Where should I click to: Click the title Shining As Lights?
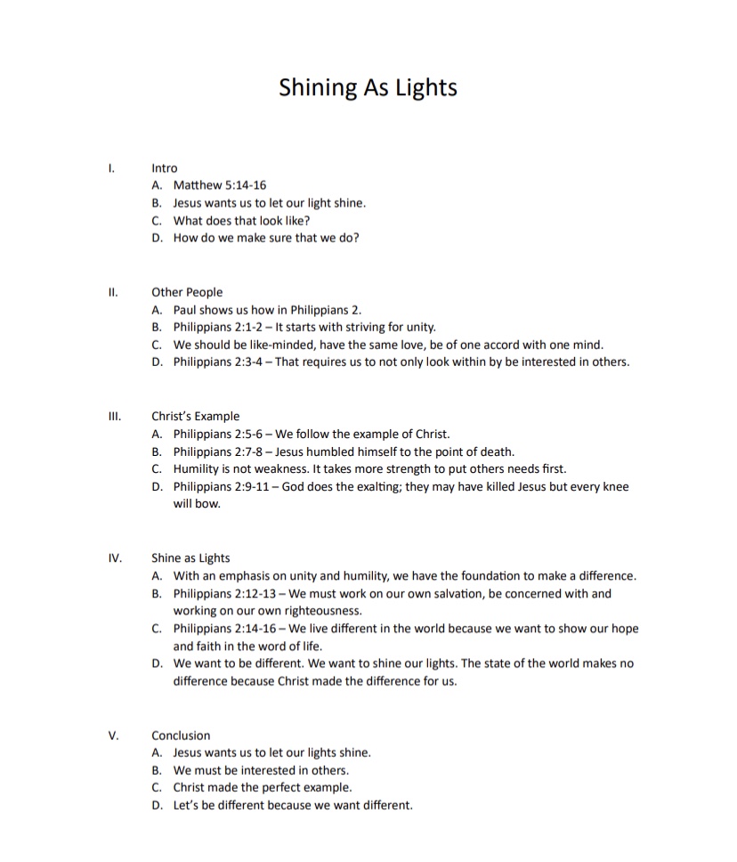tap(368, 87)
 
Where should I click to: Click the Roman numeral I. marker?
tap(110, 167)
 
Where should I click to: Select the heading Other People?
tap(187, 292)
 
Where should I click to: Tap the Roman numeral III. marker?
tap(113, 416)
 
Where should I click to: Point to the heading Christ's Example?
tap(195, 416)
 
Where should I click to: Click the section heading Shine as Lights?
tap(190, 558)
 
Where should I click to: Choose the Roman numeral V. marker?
tap(113, 736)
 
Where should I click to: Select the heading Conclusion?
tap(181, 736)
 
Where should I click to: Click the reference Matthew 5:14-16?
tap(220, 185)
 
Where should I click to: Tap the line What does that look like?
tap(241, 221)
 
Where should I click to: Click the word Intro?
tap(165, 167)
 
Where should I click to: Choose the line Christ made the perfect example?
tap(263, 788)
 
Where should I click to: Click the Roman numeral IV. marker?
tap(114, 558)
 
